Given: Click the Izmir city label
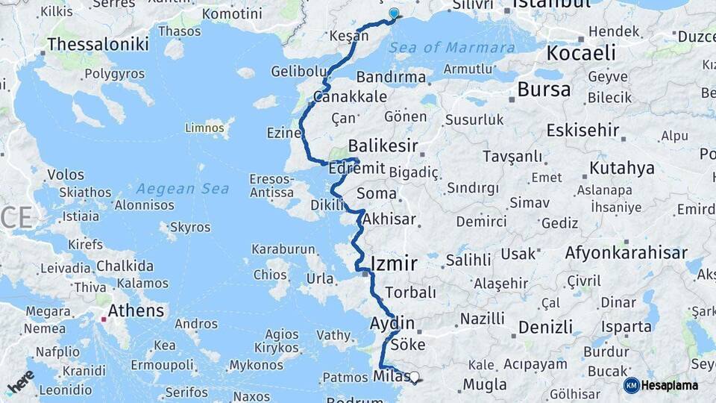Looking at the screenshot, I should coord(393,262).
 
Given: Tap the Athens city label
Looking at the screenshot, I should coord(136,310).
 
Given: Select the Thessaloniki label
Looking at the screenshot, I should coord(97,44).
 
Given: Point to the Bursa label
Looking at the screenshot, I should coord(544,90).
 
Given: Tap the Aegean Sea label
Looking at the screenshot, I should coord(182,189).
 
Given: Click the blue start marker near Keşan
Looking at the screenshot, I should coord(394,13).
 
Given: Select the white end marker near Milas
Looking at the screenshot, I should coord(415,378).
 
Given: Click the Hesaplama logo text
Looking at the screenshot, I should coord(672,385).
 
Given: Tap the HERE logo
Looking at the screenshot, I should coord(20,381).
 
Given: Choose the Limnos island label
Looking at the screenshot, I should coord(204,128).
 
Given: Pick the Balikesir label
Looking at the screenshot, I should coord(383,146).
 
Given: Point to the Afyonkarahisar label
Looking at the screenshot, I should coord(626,253).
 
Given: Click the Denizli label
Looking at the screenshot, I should coord(545,327).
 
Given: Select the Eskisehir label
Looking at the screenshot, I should coord(582,130).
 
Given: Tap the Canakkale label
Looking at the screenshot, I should coord(350,96).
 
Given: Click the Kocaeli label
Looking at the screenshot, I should coord(581,53).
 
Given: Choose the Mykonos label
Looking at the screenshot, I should coord(256,365).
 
